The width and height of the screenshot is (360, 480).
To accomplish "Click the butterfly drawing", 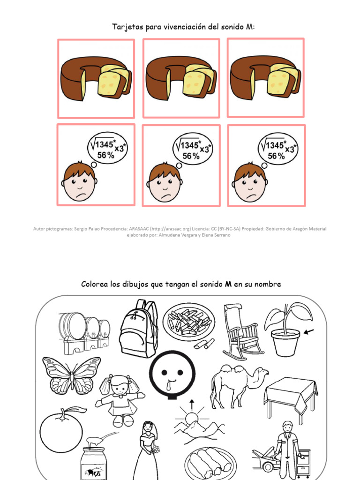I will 71,375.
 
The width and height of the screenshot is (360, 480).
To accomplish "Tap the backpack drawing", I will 138,329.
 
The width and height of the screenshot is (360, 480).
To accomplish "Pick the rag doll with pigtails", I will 120,398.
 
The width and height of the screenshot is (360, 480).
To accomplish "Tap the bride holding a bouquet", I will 149,450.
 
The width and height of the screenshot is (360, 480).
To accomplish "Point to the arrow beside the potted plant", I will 309,332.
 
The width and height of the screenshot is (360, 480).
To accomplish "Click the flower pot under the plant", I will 285,342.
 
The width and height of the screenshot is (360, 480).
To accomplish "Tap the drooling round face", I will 172,375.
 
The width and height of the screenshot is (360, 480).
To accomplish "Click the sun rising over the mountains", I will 191,419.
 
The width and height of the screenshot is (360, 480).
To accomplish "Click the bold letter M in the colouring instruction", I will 229,284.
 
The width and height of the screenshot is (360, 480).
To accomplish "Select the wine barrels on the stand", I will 84,333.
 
